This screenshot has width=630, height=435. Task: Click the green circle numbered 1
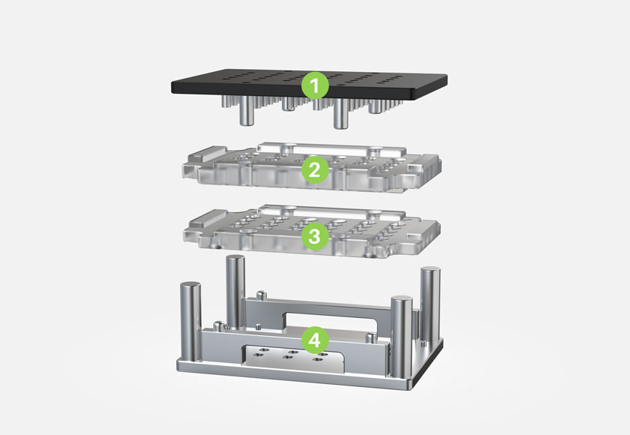pos(315,85)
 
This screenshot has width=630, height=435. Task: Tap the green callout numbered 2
pos(315,170)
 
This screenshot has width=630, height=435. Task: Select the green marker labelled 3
pos(315,235)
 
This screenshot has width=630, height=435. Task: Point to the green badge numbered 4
pos(315,340)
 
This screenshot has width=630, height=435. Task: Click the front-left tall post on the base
pos(190,321)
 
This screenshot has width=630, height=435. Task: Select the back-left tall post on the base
pos(235,291)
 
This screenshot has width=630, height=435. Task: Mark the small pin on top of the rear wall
pos(262,295)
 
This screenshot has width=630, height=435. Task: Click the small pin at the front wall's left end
pos(218,326)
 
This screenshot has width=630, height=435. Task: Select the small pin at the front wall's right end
pos(372,337)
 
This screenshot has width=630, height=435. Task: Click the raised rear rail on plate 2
pos(331,148)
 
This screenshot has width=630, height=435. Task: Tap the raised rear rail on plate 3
pos(331,211)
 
